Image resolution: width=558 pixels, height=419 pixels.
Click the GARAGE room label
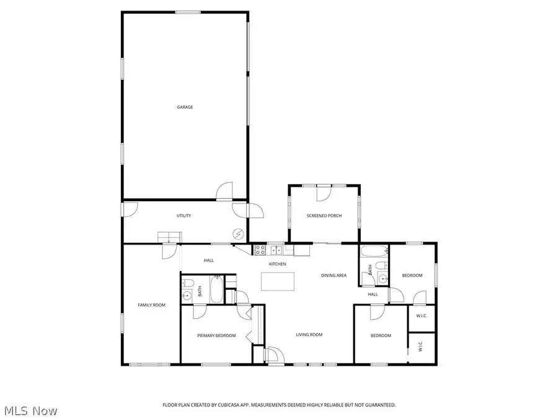coord(185,107)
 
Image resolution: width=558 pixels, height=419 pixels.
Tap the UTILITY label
coord(184,215)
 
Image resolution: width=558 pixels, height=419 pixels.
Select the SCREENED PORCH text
coord(324,215)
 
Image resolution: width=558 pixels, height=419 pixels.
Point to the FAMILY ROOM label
coord(151,305)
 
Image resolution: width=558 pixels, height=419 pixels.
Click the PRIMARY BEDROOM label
coord(216,335)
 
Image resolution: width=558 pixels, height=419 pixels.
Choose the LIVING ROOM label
coord(309,335)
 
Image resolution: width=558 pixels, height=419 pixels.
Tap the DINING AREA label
coord(334,275)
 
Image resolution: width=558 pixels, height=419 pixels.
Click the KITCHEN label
coord(277,264)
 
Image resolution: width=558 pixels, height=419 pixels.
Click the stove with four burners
coord(260,250)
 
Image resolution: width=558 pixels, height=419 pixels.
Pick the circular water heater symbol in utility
coord(238,233)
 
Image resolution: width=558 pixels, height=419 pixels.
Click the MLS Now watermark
coord(31,410)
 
